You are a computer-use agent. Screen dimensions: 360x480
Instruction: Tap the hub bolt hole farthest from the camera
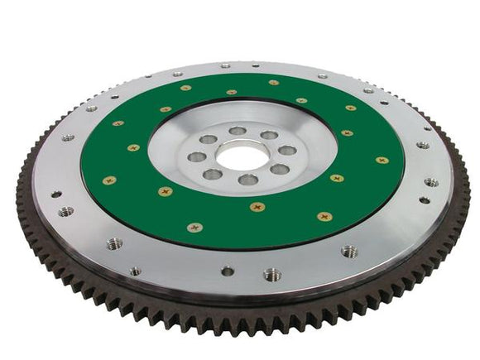pos(238,130)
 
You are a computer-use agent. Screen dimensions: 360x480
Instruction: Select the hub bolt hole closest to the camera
pos(248,180)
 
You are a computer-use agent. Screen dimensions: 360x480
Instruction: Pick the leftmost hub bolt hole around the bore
pos(197,156)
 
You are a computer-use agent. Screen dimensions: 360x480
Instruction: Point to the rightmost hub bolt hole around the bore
pos(286,151)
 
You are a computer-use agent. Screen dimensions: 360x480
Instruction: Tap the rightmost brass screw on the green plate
pos(382,160)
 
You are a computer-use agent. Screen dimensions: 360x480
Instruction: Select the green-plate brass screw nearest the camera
pos(257,207)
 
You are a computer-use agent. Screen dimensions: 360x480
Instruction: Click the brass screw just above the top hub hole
pos(232,92)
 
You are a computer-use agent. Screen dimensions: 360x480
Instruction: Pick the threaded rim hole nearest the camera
pos(272,274)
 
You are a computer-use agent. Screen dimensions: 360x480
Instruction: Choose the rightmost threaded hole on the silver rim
pos(431,182)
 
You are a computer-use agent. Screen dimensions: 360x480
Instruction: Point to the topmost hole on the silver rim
pos(225,65)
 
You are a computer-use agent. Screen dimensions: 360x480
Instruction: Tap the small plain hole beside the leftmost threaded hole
pos(56,194)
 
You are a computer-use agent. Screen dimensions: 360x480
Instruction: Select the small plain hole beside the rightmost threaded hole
pos(425,199)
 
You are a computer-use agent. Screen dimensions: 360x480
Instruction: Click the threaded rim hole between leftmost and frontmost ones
pos(113,244)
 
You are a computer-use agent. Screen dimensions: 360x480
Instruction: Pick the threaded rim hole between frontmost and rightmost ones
pos(351,251)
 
